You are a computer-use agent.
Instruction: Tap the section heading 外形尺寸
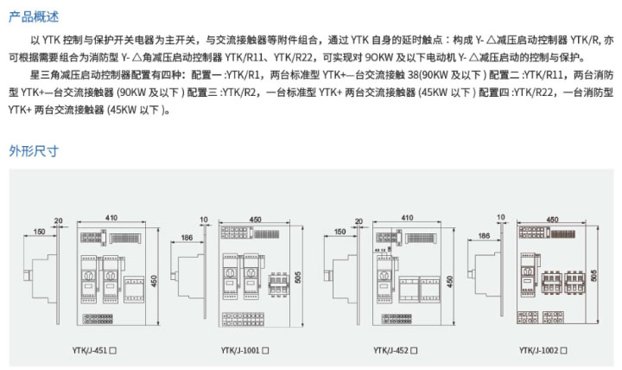point(33,150)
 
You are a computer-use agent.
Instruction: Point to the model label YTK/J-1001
point(239,350)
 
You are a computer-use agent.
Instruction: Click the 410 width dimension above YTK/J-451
point(112,218)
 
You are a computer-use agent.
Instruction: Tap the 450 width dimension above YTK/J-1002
point(551,218)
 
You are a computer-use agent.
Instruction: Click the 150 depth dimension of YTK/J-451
point(40,232)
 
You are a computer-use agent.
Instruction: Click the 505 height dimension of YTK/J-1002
point(595,273)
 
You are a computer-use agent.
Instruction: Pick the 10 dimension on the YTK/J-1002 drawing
point(501,218)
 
